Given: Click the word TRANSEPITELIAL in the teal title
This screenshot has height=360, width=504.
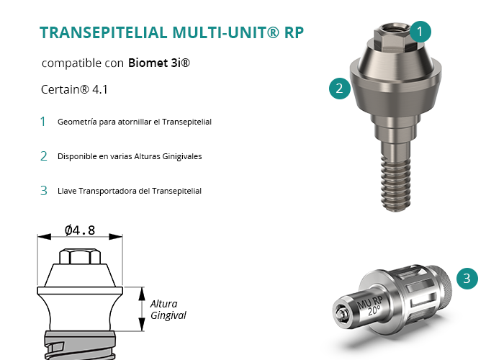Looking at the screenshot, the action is coord(104,32).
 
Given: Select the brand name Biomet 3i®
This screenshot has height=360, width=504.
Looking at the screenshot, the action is coord(159,63).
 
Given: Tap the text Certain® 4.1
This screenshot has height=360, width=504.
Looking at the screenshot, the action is coord(74,89).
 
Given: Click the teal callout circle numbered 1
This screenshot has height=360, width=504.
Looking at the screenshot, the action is coord(420,32).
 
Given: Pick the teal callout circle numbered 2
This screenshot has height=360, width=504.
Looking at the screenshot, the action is coord(340,89).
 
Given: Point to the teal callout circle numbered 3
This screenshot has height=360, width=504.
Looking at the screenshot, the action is coord(467,279).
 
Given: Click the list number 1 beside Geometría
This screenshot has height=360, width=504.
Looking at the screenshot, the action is coord(43,122).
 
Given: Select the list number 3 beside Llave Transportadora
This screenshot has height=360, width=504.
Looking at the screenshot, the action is coord(44,191).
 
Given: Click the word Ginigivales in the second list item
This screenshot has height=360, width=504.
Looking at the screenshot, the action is coord(182,156).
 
